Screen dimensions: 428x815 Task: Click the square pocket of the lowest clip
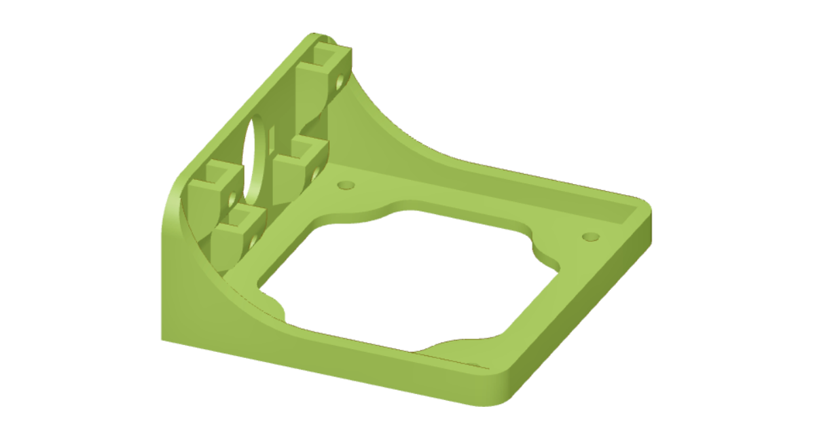click(242, 218)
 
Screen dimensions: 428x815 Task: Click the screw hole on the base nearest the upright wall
click(346, 185)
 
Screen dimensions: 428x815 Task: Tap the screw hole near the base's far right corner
click(590, 236)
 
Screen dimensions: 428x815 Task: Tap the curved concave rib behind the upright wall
click(387, 122)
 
